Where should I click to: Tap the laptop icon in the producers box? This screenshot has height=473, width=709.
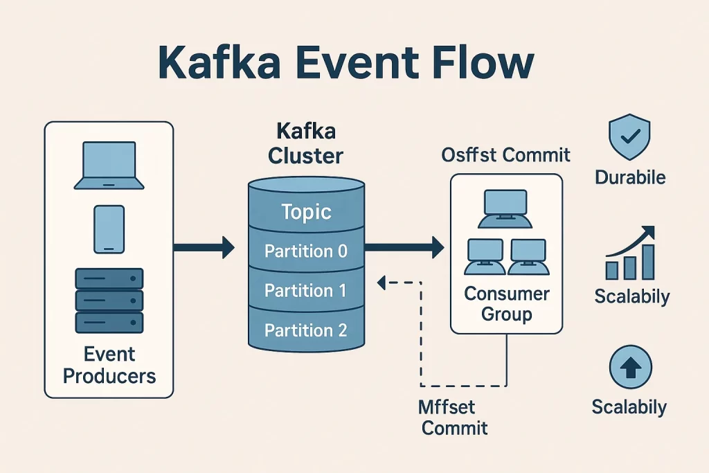click(x=109, y=166)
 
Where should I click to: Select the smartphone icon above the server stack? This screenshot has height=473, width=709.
click(x=109, y=229)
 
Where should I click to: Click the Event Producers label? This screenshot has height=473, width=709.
click(x=109, y=365)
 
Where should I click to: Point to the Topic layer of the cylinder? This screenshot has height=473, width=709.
click(x=306, y=212)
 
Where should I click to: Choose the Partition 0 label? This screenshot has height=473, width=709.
click(x=306, y=251)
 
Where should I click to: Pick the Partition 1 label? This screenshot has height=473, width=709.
click(x=305, y=290)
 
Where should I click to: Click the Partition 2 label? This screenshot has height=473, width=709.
click(x=305, y=330)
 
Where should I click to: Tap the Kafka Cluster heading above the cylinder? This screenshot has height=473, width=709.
click(x=305, y=144)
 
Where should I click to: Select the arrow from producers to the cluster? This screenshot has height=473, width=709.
click(x=204, y=247)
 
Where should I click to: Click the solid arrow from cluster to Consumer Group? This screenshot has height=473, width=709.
click(x=404, y=247)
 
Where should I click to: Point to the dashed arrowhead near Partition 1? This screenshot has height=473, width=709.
click(x=382, y=283)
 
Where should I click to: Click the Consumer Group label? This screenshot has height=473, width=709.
click(x=506, y=303)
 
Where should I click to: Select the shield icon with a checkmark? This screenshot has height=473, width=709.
click(x=629, y=137)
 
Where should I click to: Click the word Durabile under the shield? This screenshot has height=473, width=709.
click(x=630, y=177)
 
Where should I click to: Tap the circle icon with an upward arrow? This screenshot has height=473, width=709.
click(x=630, y=367)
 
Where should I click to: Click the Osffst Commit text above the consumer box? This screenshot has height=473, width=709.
click(x=505, y=155)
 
